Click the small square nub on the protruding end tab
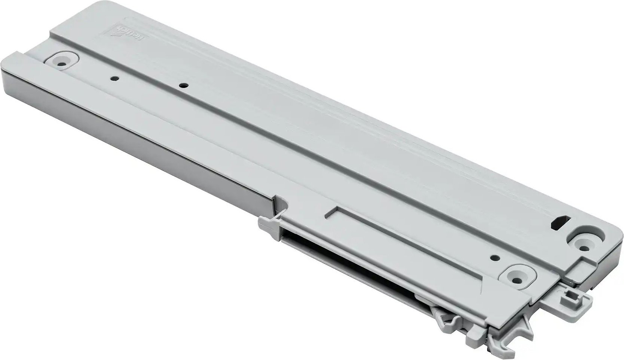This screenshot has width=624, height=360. [x=568, y=300]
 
